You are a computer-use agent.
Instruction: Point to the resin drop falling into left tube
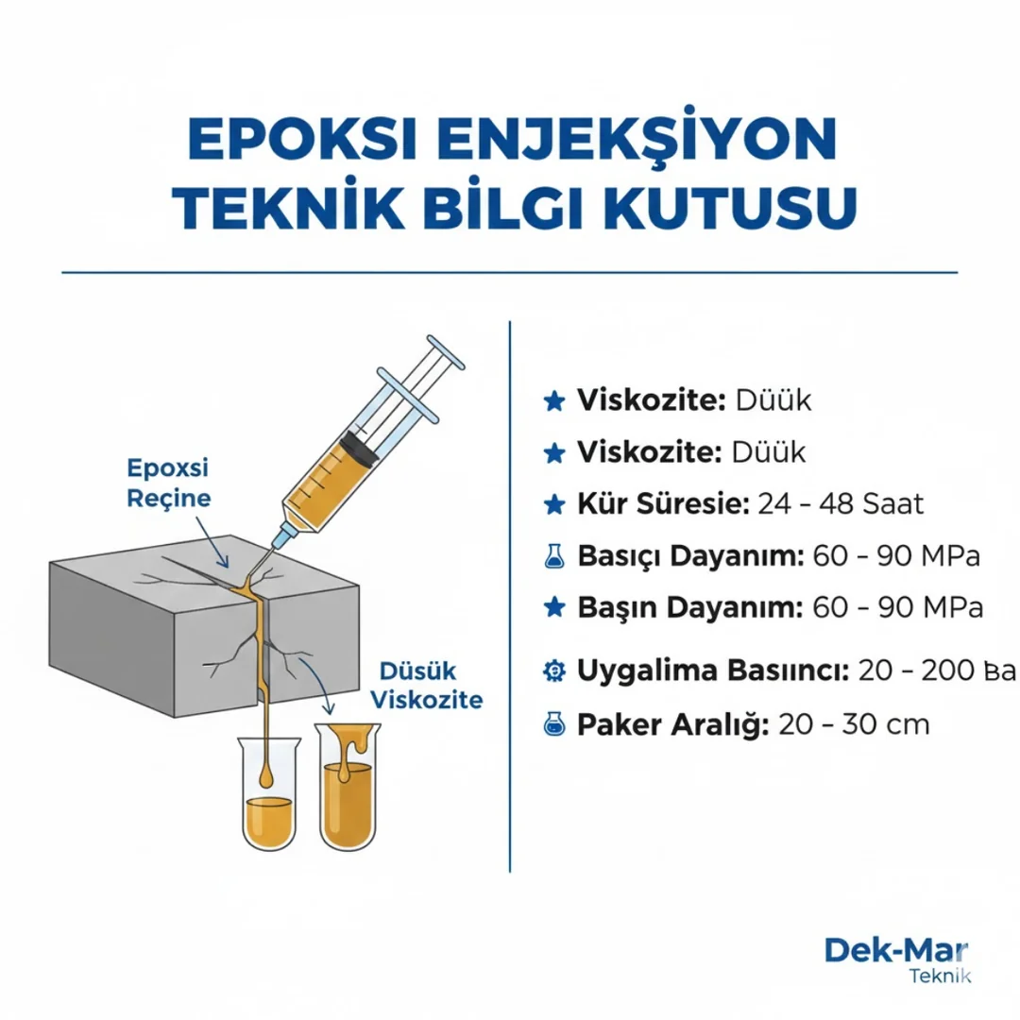point(269,775)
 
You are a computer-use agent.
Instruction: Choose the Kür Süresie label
point(662,503)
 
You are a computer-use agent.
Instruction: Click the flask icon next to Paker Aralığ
point(554,724)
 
